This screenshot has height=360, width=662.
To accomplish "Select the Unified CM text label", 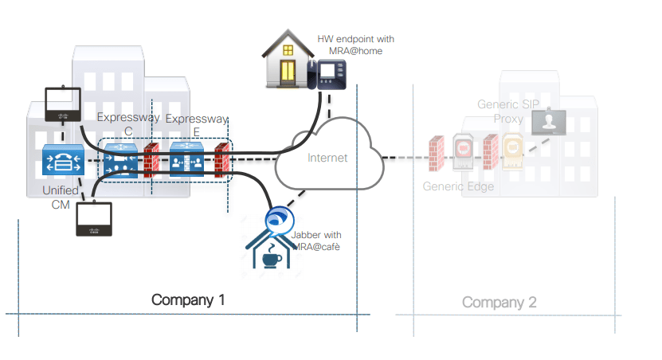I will [61, 196].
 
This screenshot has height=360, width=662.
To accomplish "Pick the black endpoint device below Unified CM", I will [95, 219].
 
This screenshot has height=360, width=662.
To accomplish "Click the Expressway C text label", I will [128, 123].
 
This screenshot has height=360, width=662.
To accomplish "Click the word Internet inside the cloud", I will [327, 158].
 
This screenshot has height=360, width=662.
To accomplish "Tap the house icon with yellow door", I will [288, 63].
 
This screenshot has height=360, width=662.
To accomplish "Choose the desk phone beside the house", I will [328, 74].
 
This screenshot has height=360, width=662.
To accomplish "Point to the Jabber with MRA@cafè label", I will [315, 241].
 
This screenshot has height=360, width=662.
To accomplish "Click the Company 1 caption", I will [188, 300].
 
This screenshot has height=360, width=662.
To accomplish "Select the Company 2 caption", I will [499, 303].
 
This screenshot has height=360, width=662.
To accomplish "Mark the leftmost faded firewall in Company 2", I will [436, 154].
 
